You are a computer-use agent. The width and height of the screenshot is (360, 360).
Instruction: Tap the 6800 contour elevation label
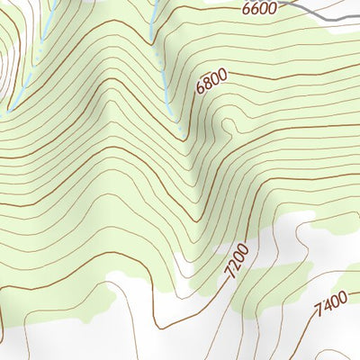coord(211,84)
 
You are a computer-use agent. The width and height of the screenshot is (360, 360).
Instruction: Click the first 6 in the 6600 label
coord(246,10)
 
